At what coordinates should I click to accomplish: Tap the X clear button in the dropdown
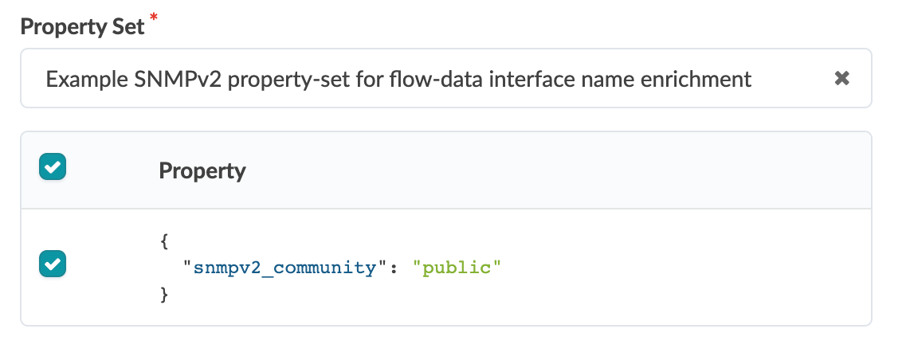tap(841, 78)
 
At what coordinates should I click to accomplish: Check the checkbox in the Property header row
tap(53, 167)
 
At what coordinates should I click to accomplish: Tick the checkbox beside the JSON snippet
tap(53, 264)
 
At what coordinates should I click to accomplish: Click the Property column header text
tap(202, 170)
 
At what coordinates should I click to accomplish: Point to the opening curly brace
tap(164, 240)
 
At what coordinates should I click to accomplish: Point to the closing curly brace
tap(164, 295)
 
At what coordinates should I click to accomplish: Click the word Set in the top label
tap(127, 26)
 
